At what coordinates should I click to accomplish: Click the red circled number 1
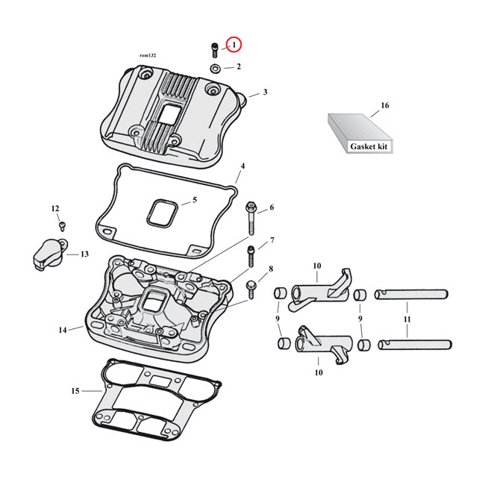click(x=234, y=46)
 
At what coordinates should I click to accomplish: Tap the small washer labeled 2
click(x=215, y=69)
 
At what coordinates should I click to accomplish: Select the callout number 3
click(x=264, y=93)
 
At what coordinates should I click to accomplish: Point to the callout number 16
click(x=385, y=106)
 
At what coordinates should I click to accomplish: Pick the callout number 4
click(x=242, y=166)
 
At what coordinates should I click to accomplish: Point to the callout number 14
click(x=63, y=329)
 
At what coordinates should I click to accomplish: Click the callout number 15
click(x=75, y=390)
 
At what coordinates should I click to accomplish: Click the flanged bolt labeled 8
click(x=251, y=284)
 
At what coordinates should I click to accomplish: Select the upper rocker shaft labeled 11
click(x=410, y=293)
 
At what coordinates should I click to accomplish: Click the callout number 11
click(x=407, y=319)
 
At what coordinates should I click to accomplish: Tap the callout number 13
click(x=84, y=254)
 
